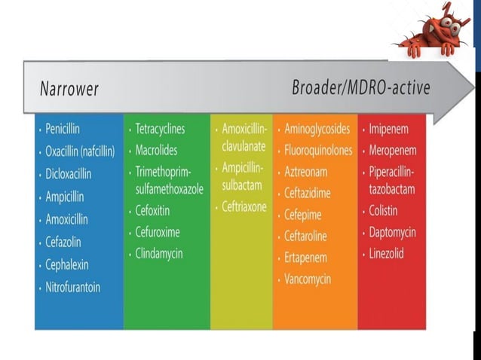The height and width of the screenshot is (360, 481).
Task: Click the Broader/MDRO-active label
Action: point(361,87)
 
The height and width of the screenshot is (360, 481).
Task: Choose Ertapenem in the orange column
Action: point(307,258)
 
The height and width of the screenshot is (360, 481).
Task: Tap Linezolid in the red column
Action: point(386,254)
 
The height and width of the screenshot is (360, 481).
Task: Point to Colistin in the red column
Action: point(383,211)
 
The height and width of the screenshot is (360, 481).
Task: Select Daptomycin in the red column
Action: point(392,232)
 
